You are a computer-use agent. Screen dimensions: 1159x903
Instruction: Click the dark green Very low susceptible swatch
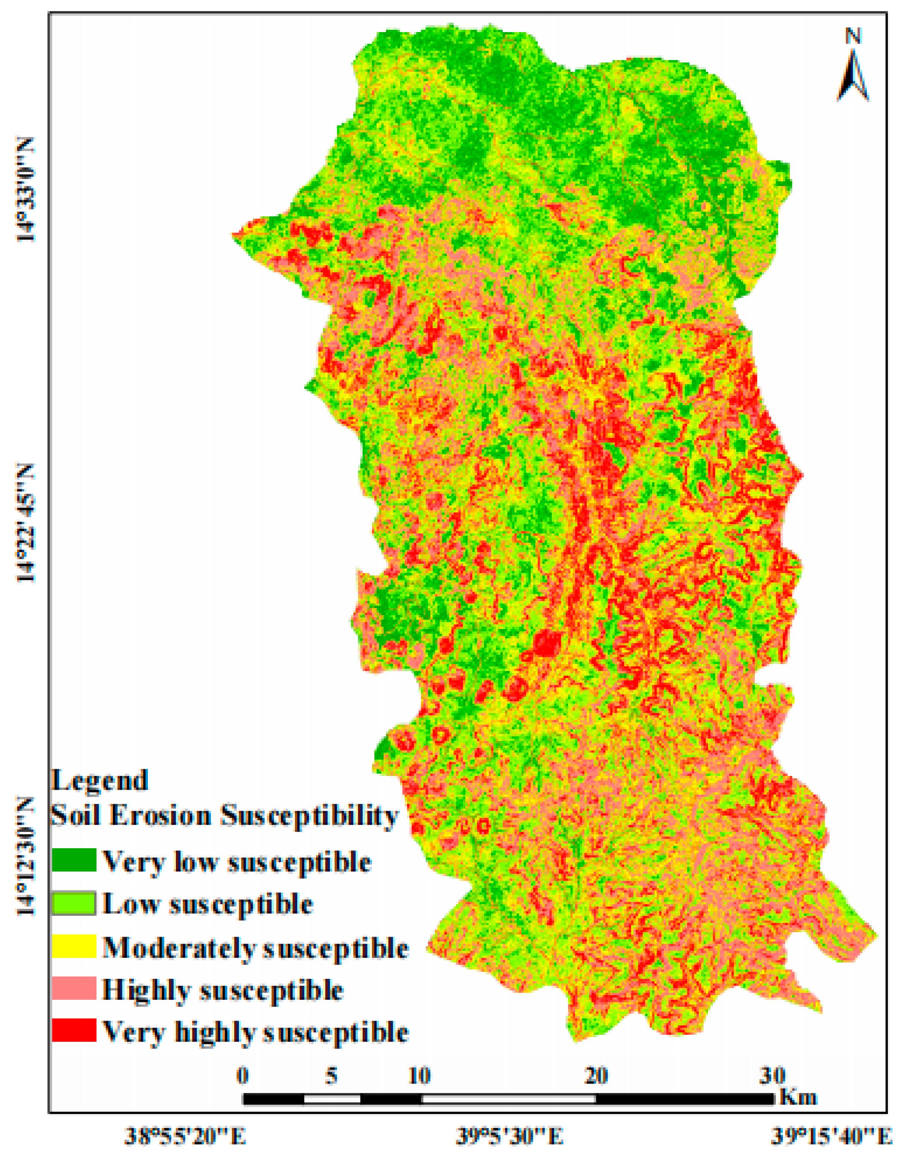[74, 860]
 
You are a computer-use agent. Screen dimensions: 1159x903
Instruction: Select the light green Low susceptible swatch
[74, 904]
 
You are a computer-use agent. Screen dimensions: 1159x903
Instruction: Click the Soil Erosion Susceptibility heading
[224, 816]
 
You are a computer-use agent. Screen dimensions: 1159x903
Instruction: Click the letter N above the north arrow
[853, 37]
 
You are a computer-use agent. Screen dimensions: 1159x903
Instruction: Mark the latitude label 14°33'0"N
[25, 189]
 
